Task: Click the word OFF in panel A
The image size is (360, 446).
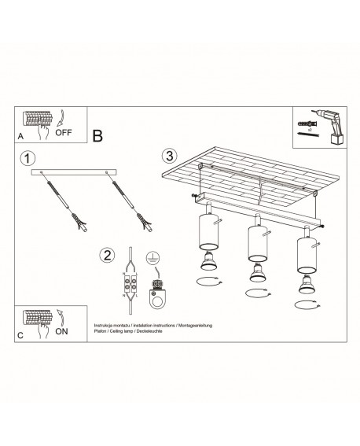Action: [x=64, y=133]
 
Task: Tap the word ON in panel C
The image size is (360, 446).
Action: [x=62, y=331]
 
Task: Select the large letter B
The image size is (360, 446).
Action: [x=97, y=135]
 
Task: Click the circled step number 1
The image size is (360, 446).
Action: [x=29, y=158]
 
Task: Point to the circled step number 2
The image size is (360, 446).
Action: [x=107, y=254]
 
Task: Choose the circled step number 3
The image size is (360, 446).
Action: [x=168, y=155]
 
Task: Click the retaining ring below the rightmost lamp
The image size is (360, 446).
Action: [x=303, y=304]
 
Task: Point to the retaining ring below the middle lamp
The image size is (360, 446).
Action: [x=255, y=293]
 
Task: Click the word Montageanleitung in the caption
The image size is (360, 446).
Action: [x=198, y=324]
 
